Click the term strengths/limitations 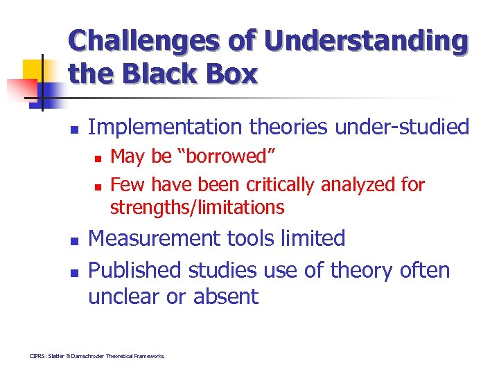coord(197,207)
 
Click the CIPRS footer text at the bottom coord(97,356)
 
